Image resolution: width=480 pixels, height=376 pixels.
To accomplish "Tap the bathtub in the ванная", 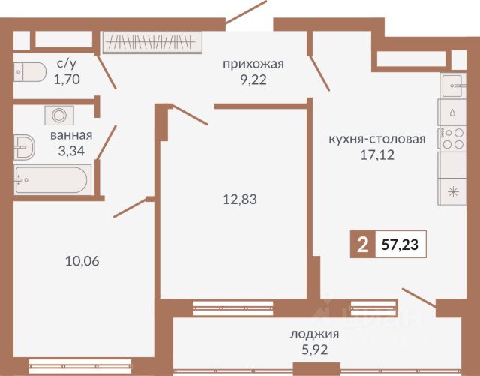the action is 51,179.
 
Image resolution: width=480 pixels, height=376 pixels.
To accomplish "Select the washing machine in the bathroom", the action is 58,116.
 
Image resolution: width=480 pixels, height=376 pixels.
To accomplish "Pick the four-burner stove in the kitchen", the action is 451,137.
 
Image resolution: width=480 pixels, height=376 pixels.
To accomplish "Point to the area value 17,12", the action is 377,155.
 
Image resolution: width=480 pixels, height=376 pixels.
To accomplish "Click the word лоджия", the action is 313,334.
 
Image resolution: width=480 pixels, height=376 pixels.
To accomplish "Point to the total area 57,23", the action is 400,245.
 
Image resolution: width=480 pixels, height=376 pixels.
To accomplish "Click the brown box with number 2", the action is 364,245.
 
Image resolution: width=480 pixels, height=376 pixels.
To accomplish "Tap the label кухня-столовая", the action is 377,139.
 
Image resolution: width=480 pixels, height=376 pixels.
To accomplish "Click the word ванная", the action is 71,136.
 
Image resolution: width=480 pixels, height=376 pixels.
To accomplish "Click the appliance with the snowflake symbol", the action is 451,191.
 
